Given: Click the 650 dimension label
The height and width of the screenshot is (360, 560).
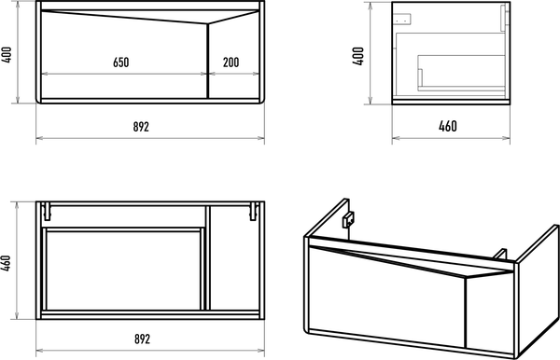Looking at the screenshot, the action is [121, 62].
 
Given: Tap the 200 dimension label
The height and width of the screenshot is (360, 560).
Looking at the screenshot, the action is [231, 62].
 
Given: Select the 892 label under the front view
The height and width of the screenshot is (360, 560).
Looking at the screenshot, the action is [141, 126].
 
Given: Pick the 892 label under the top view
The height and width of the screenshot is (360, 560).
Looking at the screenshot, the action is [142, 339].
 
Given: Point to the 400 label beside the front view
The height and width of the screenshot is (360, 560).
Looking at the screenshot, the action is [7, 55].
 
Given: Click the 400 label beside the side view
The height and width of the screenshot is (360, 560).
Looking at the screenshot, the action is [358, 56].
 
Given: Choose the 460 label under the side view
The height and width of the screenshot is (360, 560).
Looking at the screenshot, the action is [447, 126].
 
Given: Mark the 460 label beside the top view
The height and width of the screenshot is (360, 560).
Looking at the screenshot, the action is [7, 263].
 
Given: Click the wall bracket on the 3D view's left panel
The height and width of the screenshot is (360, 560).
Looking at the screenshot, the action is [348, 219].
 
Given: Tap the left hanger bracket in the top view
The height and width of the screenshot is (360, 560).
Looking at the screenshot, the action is [47, 211].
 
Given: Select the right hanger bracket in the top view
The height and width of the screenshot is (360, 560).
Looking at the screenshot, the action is [254, 211].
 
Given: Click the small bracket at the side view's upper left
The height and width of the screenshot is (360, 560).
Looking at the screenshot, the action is [402, 19].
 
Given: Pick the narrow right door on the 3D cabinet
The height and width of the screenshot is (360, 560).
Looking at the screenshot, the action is [490, 315].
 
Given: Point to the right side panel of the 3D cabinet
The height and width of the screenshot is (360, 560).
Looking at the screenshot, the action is [539, 289].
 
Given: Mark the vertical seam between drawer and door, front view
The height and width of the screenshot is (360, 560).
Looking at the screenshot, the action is [207, 61].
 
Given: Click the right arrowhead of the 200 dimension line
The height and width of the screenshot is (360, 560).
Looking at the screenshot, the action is [255, 74].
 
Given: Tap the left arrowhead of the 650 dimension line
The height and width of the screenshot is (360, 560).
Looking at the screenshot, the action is [46, 74].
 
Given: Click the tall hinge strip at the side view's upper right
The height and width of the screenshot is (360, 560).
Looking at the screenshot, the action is [503, 18].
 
